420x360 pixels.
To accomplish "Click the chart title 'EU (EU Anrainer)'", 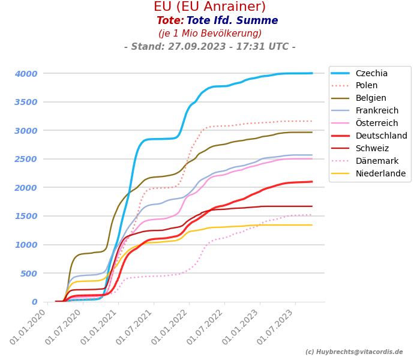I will click(x=209, y=7).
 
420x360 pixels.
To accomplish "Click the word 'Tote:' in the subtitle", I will click(x=170, y=21).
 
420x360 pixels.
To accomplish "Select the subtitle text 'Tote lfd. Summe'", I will click(x=232, y=21).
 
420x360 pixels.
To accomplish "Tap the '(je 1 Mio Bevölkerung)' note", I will click(x=210, y=34).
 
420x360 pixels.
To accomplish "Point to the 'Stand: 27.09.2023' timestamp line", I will click(x=209, y=47).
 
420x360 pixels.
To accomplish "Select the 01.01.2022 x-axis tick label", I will click(x=169, y=328).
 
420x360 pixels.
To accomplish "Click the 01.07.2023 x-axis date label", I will click(x=275, y=328).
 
